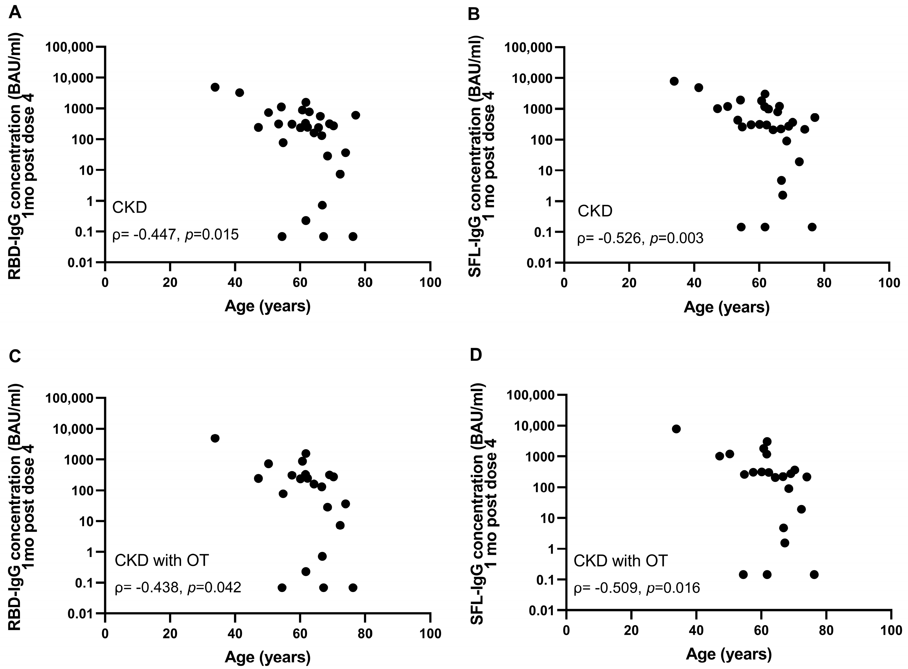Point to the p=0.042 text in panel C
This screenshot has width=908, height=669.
(214, 587)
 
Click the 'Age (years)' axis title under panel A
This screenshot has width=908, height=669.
(268, 306)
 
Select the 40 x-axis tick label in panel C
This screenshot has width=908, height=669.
(235, 633)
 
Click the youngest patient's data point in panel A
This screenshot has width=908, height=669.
(215, 87)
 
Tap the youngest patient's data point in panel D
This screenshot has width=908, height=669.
(676, 429)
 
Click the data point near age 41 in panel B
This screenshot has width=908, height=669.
(699, 88)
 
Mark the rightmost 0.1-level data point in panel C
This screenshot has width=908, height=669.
(353, 587)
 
